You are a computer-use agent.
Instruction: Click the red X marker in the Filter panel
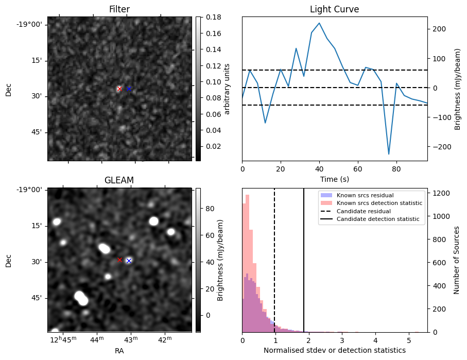click(x=119, y=89)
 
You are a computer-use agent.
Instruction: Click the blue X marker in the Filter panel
click(x=129, y=89)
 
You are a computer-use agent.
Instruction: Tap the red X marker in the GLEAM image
click(x=120, y=260)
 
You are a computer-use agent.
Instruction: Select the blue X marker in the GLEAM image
click(x=129, y=261)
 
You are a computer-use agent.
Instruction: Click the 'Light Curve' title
click(x=334, y=9)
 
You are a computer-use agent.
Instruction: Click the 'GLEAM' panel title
click(x=119, y=180)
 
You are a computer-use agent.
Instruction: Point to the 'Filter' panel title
click(x=119, y=9)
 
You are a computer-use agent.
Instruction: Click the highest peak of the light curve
click(x=319, y=23)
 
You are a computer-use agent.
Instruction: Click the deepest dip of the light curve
click(x=389, y=153)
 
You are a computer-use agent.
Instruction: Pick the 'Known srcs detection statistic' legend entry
click(x=379, y=203)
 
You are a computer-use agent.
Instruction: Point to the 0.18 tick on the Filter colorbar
click(x=210, y=17)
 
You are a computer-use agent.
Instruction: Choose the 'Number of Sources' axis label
click(x=457, y=260)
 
